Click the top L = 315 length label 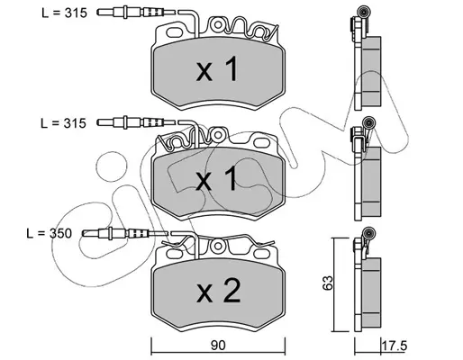pos(64,13)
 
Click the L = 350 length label pos(50,233)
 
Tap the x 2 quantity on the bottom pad pos(218,290)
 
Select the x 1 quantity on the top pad pos(217,69)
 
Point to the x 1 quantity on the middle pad pos(216,179)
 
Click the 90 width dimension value pos(218,346)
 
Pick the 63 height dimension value pos(328,283)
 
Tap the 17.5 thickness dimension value pos(395,346)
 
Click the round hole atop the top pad pos(217,25)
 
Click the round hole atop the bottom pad pos(217,246)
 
